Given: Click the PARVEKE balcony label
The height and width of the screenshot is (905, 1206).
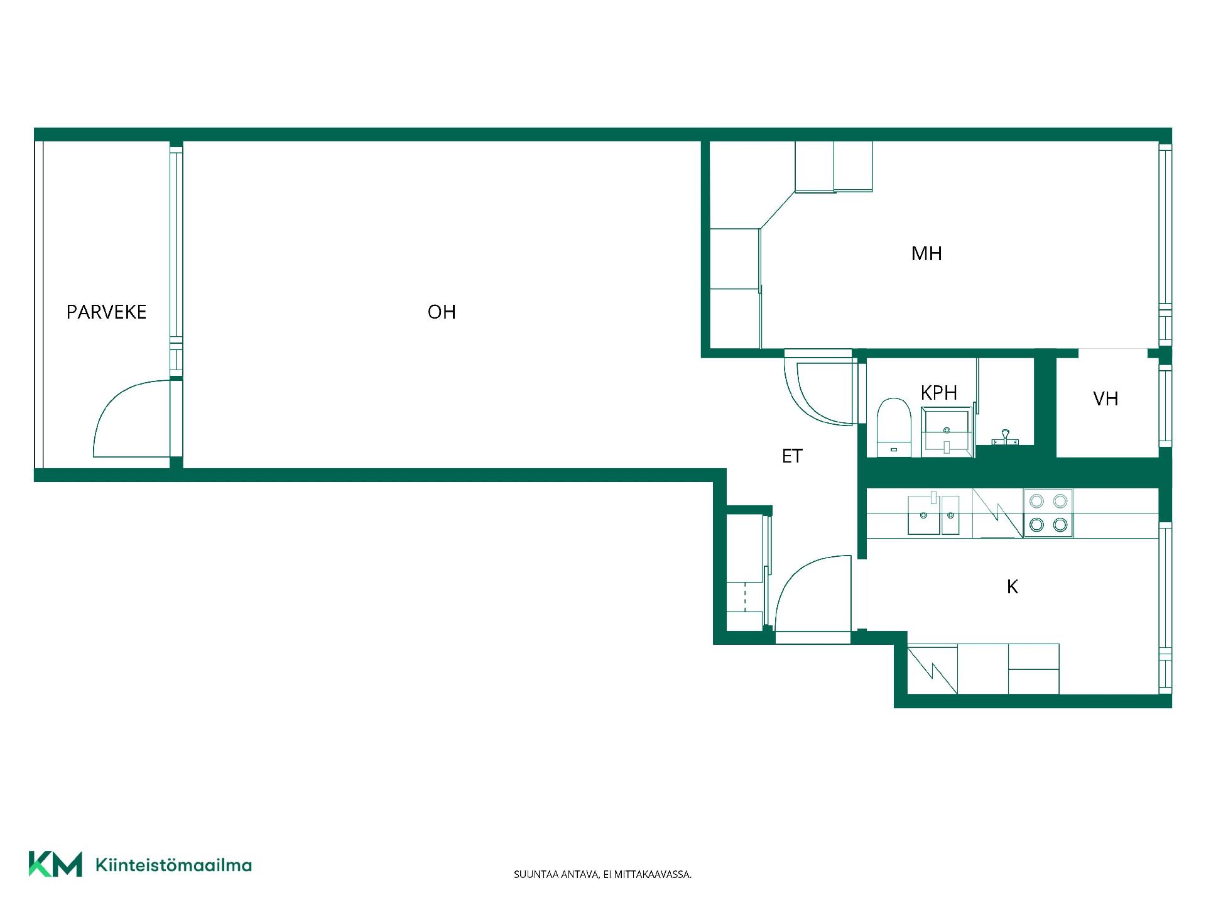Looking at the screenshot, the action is (x=106, y=312).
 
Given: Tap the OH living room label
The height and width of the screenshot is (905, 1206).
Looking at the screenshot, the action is (x=442, y=312).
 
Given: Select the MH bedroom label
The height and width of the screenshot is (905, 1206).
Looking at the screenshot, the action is (x=926, y=253).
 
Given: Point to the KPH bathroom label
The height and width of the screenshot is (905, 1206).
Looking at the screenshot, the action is (x=938, y=393).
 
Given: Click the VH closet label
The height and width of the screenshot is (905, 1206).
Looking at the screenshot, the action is (x=1105, y=398).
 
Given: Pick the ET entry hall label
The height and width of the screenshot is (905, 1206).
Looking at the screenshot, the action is (x=792, y=456).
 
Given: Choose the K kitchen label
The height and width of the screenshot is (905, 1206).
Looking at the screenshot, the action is (x=1012, y=586).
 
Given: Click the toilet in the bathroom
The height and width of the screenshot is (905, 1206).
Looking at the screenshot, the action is (x=894, y=427).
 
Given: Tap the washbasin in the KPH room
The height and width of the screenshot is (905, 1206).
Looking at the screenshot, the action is (x=947, y=432).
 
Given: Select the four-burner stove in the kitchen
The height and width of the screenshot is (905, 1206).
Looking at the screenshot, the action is (x=1048, y=513).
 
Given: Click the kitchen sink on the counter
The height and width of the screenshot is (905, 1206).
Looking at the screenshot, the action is (x=933, y=514).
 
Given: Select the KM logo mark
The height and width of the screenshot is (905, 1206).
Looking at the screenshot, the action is (x=55, y=864).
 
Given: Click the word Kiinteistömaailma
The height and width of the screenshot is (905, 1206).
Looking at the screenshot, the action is (x=173, y=865).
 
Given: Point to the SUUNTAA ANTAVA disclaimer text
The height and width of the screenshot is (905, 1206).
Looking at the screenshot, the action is (x=602, y=874).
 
